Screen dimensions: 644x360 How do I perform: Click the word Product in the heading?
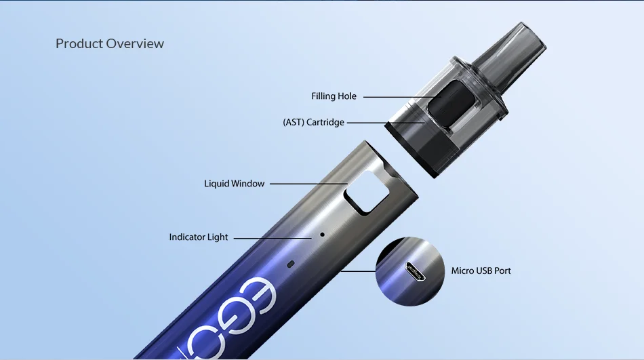79,44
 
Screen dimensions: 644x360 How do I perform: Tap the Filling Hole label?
334,96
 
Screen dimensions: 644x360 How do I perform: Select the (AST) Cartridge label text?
313,123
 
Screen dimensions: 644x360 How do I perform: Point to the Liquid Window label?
234,184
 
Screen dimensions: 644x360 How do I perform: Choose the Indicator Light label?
199,237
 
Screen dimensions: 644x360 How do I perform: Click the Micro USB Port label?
481,271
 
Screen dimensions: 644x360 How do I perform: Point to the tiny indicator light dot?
322,235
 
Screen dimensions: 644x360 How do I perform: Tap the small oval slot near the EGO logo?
291,263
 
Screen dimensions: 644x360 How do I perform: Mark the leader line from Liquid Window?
308,184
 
